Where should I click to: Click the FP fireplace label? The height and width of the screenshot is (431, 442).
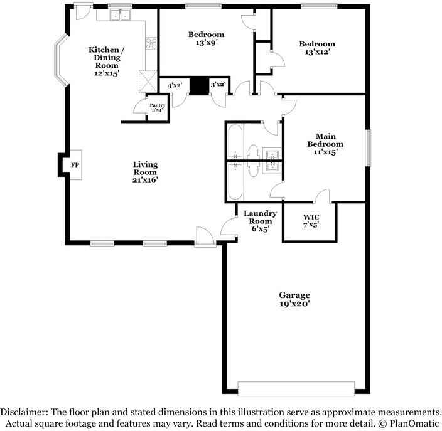click(x=75, y=165)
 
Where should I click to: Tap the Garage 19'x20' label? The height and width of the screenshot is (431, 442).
click(x=294, y=299)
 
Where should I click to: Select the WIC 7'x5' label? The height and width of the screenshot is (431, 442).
click(x=311, y=221)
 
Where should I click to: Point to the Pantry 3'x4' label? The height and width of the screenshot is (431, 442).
click(x=158, y=108)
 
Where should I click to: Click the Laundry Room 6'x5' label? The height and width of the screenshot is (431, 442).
click(x=260, y=221)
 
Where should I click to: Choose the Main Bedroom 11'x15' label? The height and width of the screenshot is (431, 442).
click(x=325, y=144)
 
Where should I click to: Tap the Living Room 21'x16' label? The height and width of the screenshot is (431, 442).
click(x=145, y=172)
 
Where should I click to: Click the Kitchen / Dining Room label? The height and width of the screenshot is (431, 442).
click(x=107, y=61)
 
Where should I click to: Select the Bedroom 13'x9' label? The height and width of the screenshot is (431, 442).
click(x=207, y=38)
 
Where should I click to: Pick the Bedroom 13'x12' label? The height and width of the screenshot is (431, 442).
click(x=317, y=48)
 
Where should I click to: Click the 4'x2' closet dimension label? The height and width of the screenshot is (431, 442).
click(x=175, y=85)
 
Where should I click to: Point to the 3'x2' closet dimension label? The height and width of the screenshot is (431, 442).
click(x=218, y=84)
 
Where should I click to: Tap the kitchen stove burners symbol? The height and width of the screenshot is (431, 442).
click(x=151, y=43)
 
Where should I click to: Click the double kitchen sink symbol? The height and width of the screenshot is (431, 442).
click(x=120, y=15)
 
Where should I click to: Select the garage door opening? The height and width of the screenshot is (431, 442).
click(x=296, y=389)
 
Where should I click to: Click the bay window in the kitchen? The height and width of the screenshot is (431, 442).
click(x=61, y=60)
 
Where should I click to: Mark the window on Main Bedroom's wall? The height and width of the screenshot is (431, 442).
click(x=368, y=147)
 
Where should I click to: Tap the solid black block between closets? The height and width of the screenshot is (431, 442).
click(x=199, y=86)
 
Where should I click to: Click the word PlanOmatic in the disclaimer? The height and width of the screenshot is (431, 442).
click(x=414, y=423)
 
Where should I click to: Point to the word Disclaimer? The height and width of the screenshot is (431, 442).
click(x=24, y=412)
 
